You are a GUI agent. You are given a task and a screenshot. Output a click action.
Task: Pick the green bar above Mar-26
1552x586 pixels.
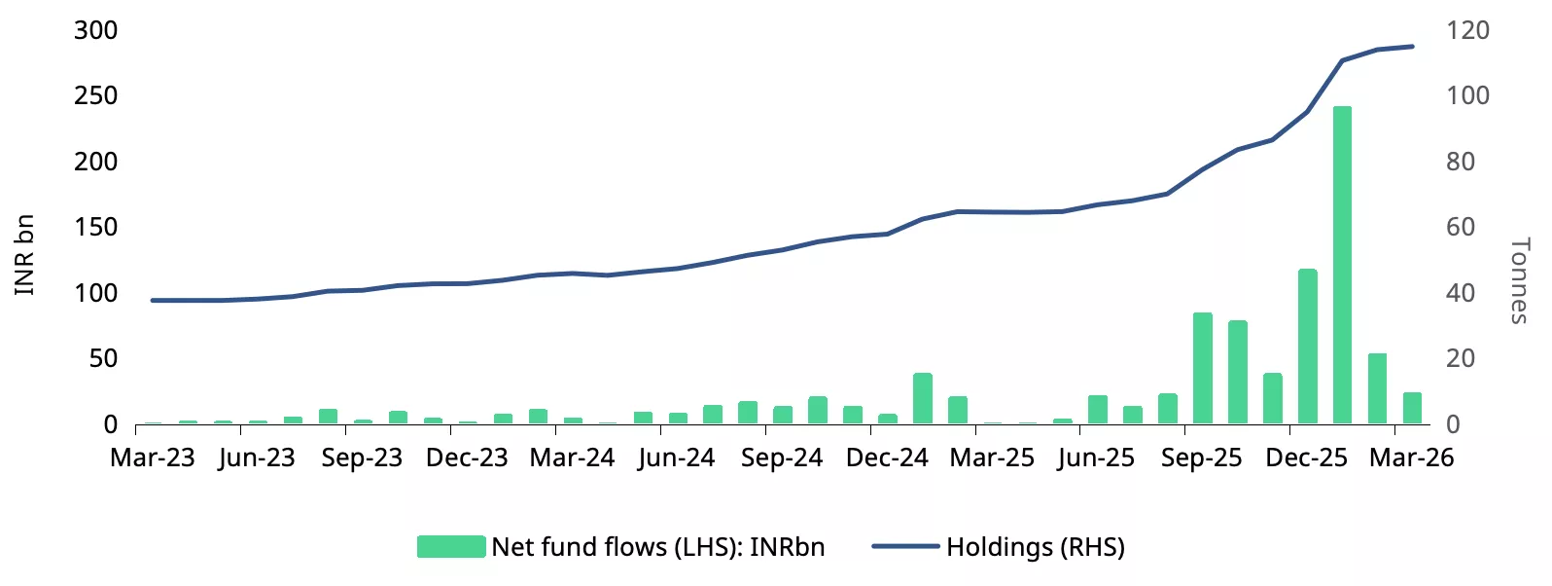[1412, 408]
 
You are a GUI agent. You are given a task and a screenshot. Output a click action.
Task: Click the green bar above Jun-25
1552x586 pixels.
[1098, 410]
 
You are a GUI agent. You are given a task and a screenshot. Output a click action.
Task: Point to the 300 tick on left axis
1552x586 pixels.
[95, 30]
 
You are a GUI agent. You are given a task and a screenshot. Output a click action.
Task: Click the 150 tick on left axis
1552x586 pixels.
[95, 227]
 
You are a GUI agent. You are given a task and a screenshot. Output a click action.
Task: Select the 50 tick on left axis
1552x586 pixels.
[102, 358]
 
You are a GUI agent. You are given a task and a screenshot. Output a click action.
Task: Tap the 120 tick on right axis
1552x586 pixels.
[1467, 30]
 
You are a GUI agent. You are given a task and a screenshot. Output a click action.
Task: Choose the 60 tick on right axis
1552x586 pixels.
[1461, 227]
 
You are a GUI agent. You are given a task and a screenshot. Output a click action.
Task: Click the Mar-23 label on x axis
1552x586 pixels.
[153, 458]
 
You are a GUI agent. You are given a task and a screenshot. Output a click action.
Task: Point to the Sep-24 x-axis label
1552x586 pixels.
[782, 458]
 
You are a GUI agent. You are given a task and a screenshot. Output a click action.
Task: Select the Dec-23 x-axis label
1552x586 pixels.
[467, 458]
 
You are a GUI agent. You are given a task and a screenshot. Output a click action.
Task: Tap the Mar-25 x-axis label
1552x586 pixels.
[992, 458]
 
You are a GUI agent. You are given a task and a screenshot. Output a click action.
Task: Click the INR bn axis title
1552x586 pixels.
[24, 255]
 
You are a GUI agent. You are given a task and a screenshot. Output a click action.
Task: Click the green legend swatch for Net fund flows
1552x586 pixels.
[451, 547]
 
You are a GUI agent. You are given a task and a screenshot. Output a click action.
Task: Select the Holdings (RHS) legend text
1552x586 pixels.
[1036, 547]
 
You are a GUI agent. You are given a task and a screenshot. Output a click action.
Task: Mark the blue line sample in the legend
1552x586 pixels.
[905, 547]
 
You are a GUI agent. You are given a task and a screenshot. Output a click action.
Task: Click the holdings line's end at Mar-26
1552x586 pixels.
[1412, 47]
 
